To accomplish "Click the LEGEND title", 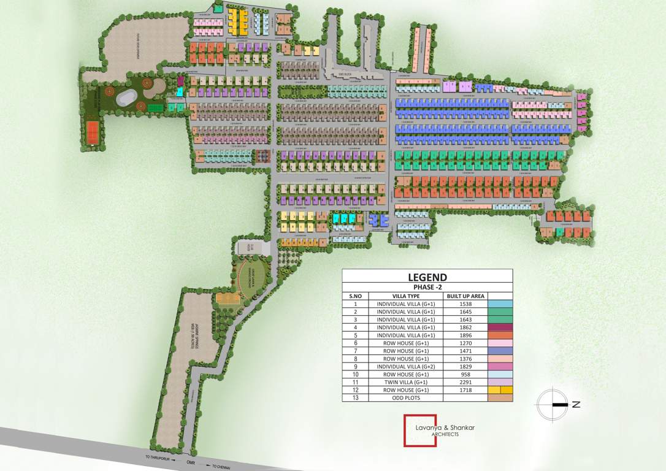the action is click(427, 277).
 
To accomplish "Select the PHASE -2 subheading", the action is click(427, 287).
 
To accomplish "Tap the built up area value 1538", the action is click(465, 304).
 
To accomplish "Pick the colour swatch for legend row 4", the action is click(500, 327).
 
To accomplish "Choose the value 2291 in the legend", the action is click(465, 382).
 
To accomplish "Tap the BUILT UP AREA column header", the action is click(465, 296).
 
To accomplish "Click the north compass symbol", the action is click(553, 404).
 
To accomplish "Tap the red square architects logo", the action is click(420, 431).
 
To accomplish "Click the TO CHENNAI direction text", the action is click(221, 467).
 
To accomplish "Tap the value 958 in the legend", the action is click(465, 374).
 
